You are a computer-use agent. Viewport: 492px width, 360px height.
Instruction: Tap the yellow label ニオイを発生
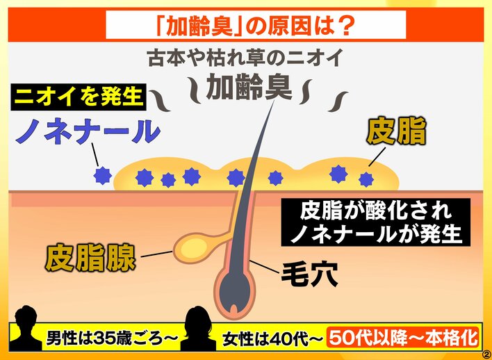tap(79, 97)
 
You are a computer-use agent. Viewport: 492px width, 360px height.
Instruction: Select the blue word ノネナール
tap(88, 133)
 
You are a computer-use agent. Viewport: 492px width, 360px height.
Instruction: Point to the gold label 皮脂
tap(396, 133)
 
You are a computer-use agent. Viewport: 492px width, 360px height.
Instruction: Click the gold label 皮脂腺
tap(90, 258)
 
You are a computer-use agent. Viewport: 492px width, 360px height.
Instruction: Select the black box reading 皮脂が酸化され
tap(376, 213)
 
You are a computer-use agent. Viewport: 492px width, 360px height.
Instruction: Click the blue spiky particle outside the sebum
tap(103, 175)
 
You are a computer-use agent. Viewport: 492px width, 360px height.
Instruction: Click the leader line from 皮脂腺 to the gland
tap(156, 254)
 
